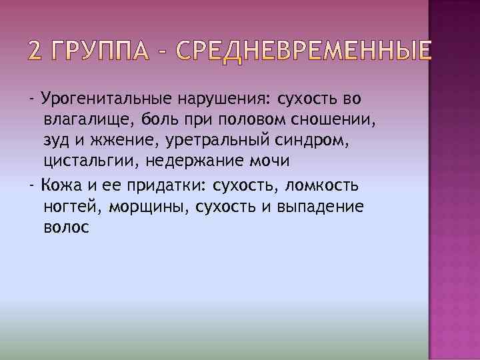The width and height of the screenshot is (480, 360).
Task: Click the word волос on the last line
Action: point(65,227)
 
